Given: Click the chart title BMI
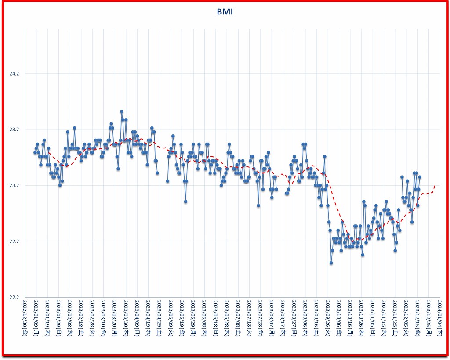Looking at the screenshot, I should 225,12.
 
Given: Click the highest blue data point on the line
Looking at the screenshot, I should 122,112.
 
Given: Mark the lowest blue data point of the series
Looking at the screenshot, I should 331,263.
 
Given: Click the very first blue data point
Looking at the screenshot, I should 35,152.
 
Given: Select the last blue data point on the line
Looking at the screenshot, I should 420,177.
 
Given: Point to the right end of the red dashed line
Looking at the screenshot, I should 435,185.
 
